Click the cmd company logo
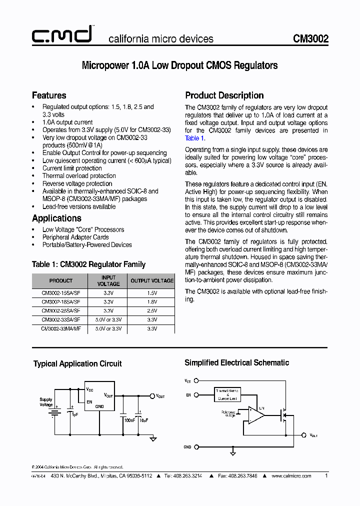click(x=61, y=34)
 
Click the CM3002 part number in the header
click(x=310, y=38)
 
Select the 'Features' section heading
click(x=49, y=95)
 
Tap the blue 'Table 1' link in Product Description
click(x=194, y=138)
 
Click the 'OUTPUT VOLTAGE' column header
click(x=152, y=280)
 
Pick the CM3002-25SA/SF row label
click(x=60, y=310)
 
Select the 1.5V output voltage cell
click(x=152, y=293)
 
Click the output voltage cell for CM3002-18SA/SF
click(x=152, y=302)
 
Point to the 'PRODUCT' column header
click(x=60, y=280)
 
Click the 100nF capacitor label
click(x=129, y=420)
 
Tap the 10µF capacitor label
click(x=143, y=420)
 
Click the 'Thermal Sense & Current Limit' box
click(x=228, y=394)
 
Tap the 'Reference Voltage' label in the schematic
click(x=228, y=413)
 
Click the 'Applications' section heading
click(x=56, y=218)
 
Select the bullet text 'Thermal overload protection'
click(x=79, y=176)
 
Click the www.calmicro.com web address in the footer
click(x=291, y=476)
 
